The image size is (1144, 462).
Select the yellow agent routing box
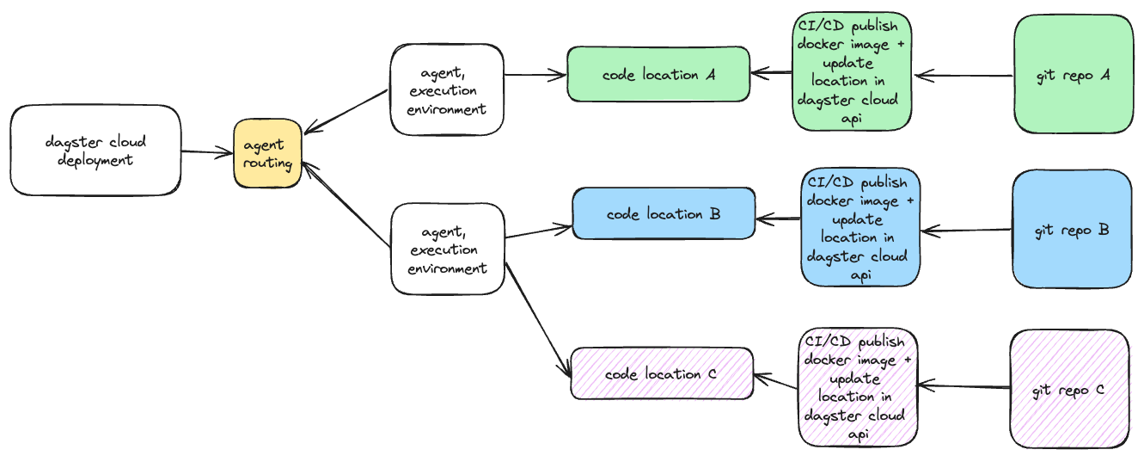click(x=267, y=153)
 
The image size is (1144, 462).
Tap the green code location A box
click(x=658, y=75)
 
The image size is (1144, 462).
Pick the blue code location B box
click(x=664, y=214)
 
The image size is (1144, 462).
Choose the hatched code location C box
click(x=662, y=374)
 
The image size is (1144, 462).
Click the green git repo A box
click(x=1074, y=75)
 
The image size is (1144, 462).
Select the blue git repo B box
click(x=1072, y=229)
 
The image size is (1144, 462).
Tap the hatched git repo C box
click(x=1069, y=389)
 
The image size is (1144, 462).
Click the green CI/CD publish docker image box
click(x=850, y=71)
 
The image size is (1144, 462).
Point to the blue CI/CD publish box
click(x=860, y=227)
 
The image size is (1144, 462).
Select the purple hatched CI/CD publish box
click(x=857, y=387)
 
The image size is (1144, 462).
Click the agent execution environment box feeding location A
click(x=446, y=90)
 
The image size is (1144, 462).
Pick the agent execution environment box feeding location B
click(x=447, y=249)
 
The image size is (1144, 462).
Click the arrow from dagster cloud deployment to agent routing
click(x=207, y=153)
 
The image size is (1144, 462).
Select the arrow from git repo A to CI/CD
click(x=963, y=77)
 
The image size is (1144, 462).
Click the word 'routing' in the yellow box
click(x=267, y=162)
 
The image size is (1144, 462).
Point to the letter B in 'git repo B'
click(x=1103, y=230)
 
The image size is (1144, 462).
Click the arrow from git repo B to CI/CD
click(x=966, y=230)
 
